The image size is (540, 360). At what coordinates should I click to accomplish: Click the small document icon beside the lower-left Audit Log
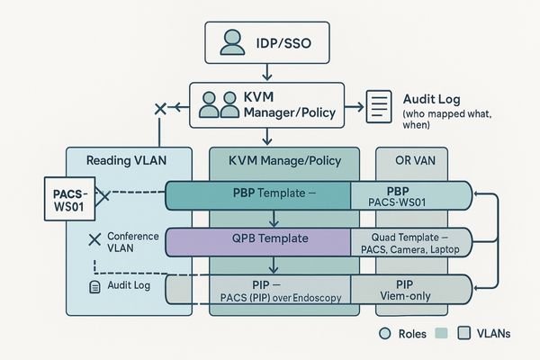94,287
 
